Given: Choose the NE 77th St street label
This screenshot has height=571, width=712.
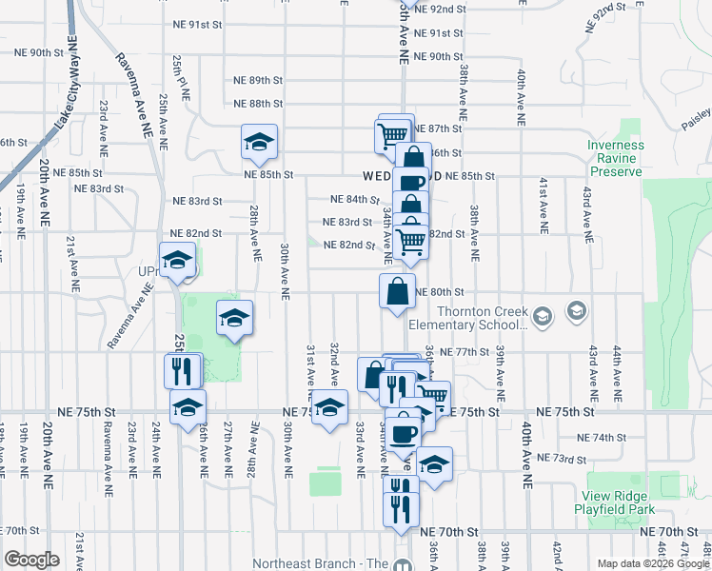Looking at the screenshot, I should click(x=457, y=352).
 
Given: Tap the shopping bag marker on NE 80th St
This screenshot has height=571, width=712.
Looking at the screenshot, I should click(x=398, y=291).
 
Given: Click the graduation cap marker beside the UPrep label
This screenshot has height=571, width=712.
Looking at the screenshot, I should click(x=178, y=261).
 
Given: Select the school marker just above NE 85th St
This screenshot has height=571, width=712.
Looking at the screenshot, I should click(x=259, y=142).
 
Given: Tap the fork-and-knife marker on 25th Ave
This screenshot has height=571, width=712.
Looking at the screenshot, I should click(x=183, y=369).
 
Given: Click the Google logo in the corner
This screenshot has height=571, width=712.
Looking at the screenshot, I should click(x=31, y=560).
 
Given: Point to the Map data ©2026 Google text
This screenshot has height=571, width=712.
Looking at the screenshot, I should click(x=652, y=563).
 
